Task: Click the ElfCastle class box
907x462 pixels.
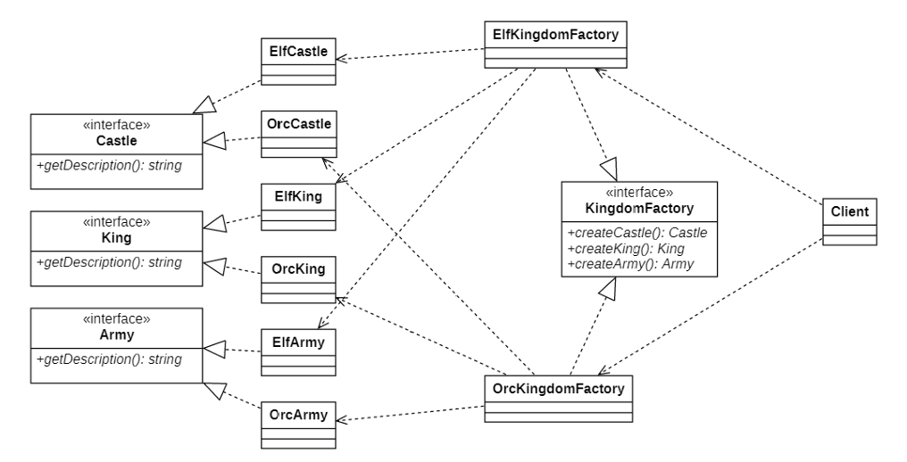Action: (298, 62)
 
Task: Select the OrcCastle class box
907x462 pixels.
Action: (298, 134)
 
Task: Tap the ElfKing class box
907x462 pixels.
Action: (298, 207)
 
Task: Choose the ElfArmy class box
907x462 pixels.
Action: (298, 352)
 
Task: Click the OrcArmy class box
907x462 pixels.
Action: (298, 425)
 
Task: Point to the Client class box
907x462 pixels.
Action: (849, 222)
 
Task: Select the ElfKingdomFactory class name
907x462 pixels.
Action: (555, 35)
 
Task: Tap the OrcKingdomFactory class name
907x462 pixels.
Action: (558, 389)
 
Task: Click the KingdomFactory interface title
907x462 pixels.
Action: (639, 208)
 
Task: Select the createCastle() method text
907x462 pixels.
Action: (637, 233)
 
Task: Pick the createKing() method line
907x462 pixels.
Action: (626, 249)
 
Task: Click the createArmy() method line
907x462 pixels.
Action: (630, 264)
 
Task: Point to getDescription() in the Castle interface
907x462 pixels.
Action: (109, 165)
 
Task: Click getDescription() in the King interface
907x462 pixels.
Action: (109, 262)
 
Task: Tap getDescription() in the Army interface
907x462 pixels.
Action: (109, 359)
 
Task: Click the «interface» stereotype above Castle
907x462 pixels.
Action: (117, 125)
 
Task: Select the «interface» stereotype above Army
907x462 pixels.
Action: (117, 319)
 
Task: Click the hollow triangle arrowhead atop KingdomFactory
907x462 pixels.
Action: (609, 170)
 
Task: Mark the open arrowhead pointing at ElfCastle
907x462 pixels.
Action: (341, 58)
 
